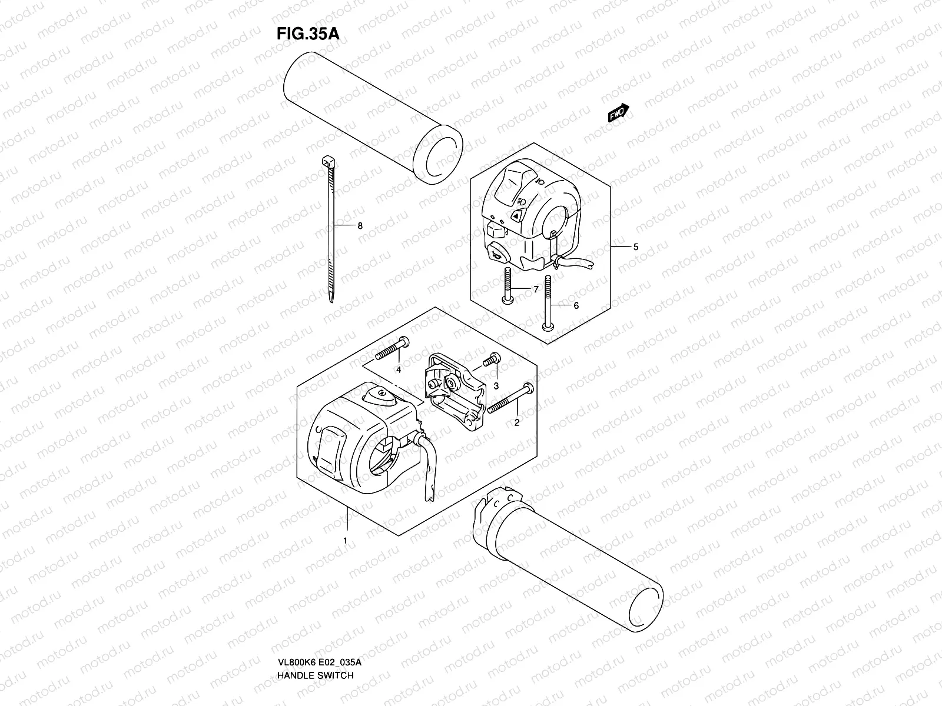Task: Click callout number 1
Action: (346, 540)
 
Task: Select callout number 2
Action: (517, 422)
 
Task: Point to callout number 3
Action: (496, 386)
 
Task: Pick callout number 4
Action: (399, 369)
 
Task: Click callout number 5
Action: (635, 248)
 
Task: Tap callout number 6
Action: (576, 305)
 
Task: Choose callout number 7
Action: (536, 289)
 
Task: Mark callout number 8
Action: (360, 226)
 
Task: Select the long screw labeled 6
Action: (548, 306)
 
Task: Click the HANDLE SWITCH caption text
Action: (315, 642)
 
